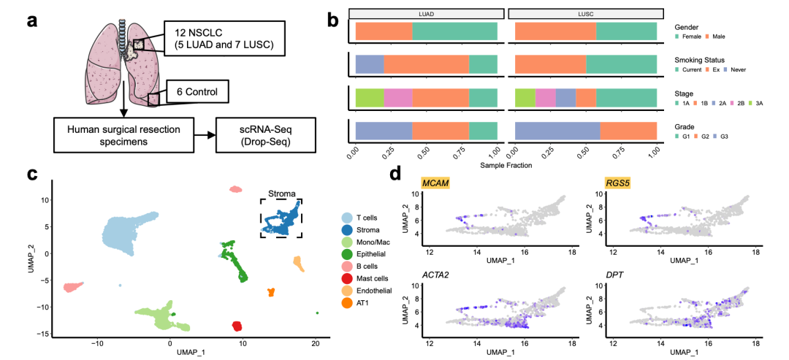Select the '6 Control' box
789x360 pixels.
[x=197, y=92]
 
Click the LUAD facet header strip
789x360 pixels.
[x=427, y=13]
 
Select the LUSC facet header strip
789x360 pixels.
[x=585, y=13]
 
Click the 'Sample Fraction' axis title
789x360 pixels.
[x=506, y=165]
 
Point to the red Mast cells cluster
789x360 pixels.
[x=237, y=326]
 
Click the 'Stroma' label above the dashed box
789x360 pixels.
[x=281, y=194]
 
